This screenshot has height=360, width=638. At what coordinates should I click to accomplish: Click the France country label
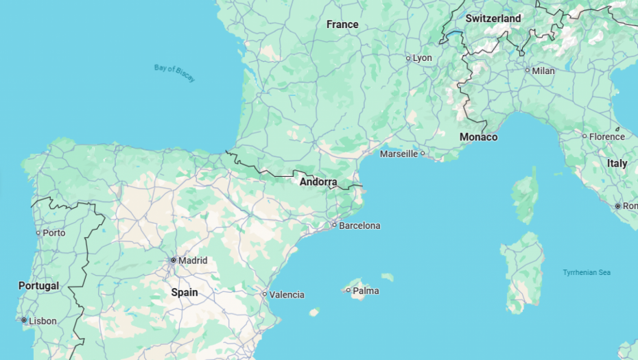pos(342,25)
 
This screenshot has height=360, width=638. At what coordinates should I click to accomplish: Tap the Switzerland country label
pos(493,19)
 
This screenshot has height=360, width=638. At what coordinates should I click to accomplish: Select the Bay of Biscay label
pos(175,73)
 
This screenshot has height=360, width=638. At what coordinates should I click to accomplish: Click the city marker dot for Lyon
pos(408,58)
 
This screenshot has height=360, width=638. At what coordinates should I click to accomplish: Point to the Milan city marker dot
pos(528,71)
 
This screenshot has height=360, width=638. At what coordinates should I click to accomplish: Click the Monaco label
pos(478,137)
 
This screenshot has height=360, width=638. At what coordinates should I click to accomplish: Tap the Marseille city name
pos(399,154)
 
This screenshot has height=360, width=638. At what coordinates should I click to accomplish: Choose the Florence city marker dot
pos(584,136)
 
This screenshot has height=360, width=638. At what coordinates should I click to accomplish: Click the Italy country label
pos(617,163)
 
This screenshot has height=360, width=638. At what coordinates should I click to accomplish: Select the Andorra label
pos(318,182)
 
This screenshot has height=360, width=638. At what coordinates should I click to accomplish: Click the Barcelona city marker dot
pos(335,225)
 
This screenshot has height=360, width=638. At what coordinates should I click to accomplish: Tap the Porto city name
pos(54,232)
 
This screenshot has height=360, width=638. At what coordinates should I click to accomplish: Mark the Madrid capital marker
pos(174,260)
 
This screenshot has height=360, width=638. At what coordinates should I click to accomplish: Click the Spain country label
pos(184,292)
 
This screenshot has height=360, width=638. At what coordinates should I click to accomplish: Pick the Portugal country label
pos(38,285)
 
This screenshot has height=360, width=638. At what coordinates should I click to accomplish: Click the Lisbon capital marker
pos(24,320)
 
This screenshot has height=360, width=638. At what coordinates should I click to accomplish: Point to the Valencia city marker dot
pos(265,294)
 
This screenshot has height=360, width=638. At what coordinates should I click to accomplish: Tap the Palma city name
pos(366,291)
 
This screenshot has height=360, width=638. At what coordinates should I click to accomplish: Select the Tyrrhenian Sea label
pos(587,272)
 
